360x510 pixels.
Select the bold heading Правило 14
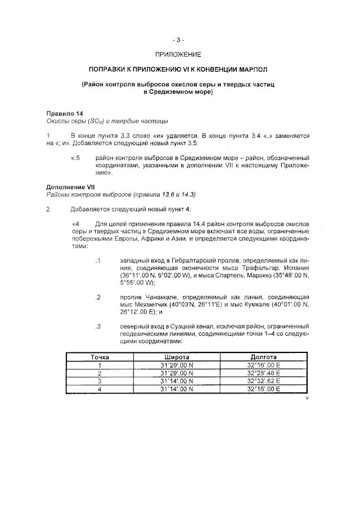(64, 114)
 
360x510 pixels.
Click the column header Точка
(100, 357)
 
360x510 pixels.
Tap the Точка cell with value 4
(100, 389)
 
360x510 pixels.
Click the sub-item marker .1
(97, 262)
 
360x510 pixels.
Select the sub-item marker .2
(97, 297)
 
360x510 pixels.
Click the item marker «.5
(76, 159)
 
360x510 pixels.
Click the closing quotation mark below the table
(307, 399)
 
